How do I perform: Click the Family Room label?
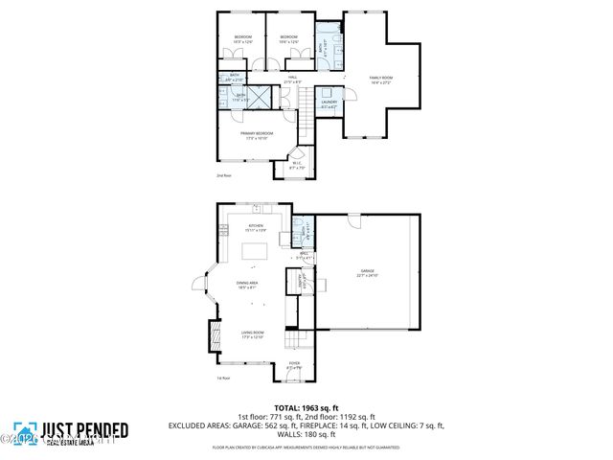pyautogui.click(x=381, y=80)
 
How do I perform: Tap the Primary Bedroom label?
pyautogui.click(x=257, y=135)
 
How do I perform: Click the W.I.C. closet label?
pyautogui.click(x=297, y=166)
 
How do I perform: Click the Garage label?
pyautogui.click(x=368, y=273)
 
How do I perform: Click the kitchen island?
pyautogui.click(x=254, y=252)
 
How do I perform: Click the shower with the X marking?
pyautogui.click(x=240, y=97)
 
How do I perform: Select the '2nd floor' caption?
pyautogui.click(x=225, y=176)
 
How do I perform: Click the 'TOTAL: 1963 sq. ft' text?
pyautogui.click(x=306, y=407)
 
